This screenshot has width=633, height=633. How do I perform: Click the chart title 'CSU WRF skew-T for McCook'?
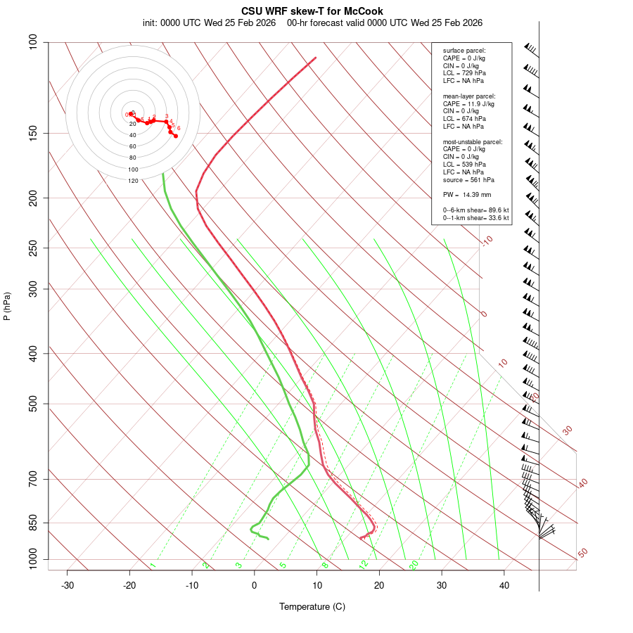(x=312, y=11)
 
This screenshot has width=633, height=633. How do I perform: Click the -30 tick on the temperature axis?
(x=68, y=585)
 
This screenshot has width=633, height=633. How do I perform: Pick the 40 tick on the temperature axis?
(x=504, y=585)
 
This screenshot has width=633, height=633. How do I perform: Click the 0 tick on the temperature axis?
(x=255, y=585)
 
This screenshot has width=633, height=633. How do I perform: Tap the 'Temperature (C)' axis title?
(x=312, y=606)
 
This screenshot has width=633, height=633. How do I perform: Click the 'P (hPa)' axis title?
(x=7, y=306)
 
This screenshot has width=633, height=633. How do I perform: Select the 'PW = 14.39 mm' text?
(x=467, y=195)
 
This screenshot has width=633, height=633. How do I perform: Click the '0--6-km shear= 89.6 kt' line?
(x=475, y=210)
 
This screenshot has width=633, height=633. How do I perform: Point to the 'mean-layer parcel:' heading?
(x=469, y=96)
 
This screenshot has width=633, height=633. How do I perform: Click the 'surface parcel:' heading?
(x=464, y=51)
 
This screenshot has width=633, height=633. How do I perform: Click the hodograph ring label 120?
(x=133, y=181)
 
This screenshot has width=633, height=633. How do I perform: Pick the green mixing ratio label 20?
(x=414, y=564)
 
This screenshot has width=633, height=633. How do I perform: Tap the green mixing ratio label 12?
(x=364, y=564)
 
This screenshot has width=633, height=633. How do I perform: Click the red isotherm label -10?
(x=486, y=241)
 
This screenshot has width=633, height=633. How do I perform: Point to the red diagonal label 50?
(x=582, y=554)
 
